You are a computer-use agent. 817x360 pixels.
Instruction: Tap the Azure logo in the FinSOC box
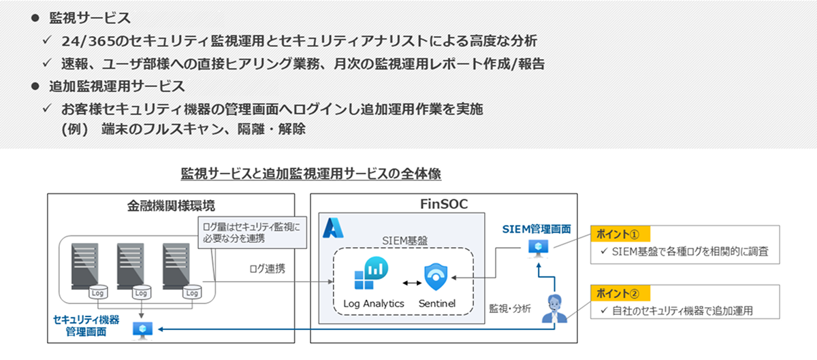333,228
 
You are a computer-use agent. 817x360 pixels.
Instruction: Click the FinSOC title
443,204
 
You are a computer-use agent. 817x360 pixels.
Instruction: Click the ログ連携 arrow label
267,268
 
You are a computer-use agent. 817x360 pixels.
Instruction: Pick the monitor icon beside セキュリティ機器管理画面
141,331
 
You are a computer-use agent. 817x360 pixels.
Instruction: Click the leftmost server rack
87,265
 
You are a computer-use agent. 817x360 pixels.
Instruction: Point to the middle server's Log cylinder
141,293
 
